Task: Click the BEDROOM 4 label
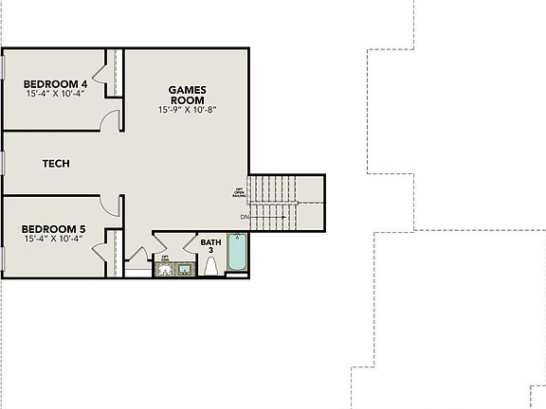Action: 48,84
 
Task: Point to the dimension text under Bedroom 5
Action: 53,239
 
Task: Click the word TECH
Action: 56,164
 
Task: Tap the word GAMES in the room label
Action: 187,90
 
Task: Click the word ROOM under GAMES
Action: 187,100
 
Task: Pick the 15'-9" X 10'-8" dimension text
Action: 187,111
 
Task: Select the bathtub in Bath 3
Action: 236,256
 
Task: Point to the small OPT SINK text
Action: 165,258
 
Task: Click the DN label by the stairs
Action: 245,219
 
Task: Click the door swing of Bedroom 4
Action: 114,120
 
